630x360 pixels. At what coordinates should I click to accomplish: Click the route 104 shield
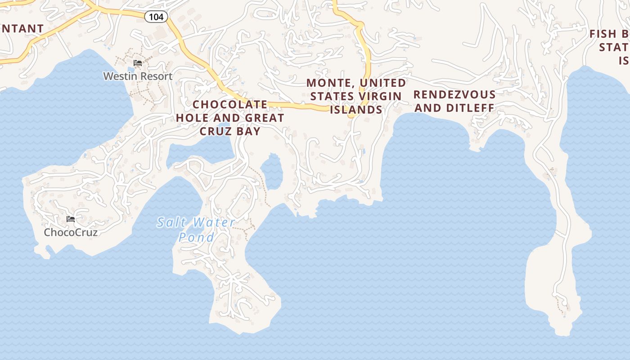156,17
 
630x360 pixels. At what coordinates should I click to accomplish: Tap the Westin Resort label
138,76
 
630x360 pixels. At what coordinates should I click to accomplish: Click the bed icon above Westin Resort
138,63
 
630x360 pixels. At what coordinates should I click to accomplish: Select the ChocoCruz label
71,232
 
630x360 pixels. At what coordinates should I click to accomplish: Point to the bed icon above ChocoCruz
71,219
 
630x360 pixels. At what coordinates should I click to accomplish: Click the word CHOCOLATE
230,104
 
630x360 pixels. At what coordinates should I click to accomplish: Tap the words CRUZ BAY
230,131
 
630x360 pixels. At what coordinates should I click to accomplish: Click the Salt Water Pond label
196,229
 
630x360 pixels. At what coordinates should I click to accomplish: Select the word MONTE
328,83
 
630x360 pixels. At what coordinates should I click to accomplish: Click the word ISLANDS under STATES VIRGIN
356,110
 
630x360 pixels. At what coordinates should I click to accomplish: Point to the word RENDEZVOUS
454,94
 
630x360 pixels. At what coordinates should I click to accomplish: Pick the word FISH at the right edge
603,34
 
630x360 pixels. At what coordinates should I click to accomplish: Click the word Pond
196,237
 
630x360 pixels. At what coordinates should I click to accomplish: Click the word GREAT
265,118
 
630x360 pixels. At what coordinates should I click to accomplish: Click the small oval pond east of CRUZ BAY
271,171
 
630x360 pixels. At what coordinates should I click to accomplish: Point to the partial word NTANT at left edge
22,28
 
